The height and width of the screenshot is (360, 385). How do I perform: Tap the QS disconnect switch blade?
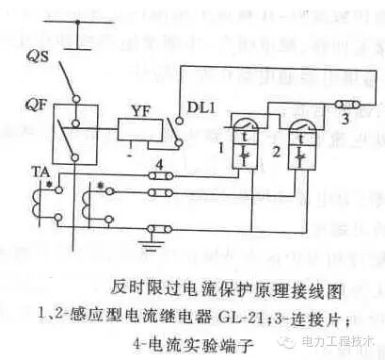click(x=86, y=74)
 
